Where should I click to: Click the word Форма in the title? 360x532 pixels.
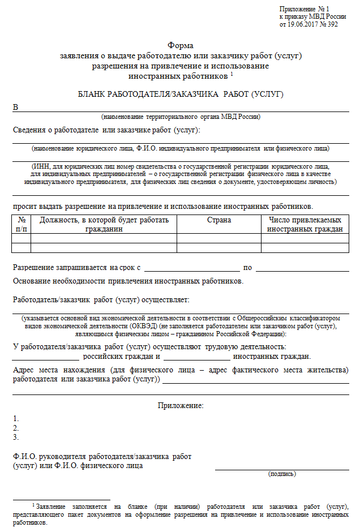[180, 45]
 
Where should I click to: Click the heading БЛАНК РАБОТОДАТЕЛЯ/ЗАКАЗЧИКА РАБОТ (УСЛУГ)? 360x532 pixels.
[180, 94]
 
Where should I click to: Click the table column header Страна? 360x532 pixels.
[219, 220]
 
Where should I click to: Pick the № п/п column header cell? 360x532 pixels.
[22, 224]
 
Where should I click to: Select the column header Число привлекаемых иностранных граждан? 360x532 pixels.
[305, 224]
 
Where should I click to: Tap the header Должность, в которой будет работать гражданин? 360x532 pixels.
[104, 224]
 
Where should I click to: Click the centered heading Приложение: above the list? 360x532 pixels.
[180, 405]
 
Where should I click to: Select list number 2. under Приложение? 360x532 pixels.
[16, 428]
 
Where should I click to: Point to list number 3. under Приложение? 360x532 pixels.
[16, 437]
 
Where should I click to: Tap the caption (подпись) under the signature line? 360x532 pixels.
[281, 474]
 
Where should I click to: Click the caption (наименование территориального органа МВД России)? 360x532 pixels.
[181, 117]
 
